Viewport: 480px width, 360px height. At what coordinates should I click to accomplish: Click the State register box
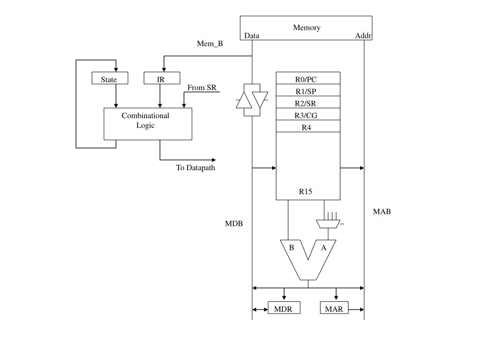[110, 78]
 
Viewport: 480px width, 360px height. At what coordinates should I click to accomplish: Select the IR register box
[162, 78]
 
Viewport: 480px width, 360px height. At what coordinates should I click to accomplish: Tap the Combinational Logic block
[148, 124]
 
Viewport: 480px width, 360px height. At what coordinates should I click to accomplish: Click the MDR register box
[284, 307]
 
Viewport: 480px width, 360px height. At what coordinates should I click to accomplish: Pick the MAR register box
[334, 307]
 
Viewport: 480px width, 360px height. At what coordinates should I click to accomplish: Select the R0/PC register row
[308, 78]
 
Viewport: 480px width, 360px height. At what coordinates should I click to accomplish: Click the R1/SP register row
[308, 90]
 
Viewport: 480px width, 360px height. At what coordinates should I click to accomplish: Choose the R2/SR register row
[308, 102]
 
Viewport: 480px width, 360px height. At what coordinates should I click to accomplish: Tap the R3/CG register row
[308, 114]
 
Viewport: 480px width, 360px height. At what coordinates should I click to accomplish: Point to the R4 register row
[308, 126]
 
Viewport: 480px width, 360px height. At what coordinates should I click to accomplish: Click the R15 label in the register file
[306, 192]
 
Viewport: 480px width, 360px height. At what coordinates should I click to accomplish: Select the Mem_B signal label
[210, 44]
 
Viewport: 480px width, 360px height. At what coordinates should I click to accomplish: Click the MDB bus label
[234, 224]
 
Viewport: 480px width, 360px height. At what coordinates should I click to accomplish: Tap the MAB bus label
[382, 211]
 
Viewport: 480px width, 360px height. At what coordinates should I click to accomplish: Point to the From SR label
[202, 88]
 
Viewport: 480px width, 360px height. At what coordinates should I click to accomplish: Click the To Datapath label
[195, 168]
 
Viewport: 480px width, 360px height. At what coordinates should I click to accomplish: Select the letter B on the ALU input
[292, 247]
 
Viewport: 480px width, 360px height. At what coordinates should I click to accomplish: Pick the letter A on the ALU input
[323, 247]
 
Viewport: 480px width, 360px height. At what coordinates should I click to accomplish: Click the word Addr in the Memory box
[363, 36]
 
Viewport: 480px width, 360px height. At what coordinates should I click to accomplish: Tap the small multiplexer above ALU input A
[328, 224]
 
